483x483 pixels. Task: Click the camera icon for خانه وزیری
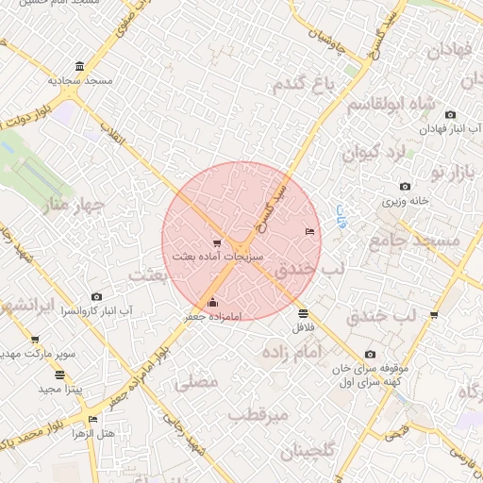(x=405, y=186)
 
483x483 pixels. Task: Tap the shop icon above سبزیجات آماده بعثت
(x=217, y=241)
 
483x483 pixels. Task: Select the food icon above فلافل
(x=302, y=313)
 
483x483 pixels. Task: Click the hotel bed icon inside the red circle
(x=309, y=231)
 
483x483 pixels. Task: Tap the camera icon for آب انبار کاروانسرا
(x=96, y=296)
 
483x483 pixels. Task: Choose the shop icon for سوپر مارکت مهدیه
(x=35, y=340)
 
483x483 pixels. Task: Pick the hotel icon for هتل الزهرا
(x=92, y=419)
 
